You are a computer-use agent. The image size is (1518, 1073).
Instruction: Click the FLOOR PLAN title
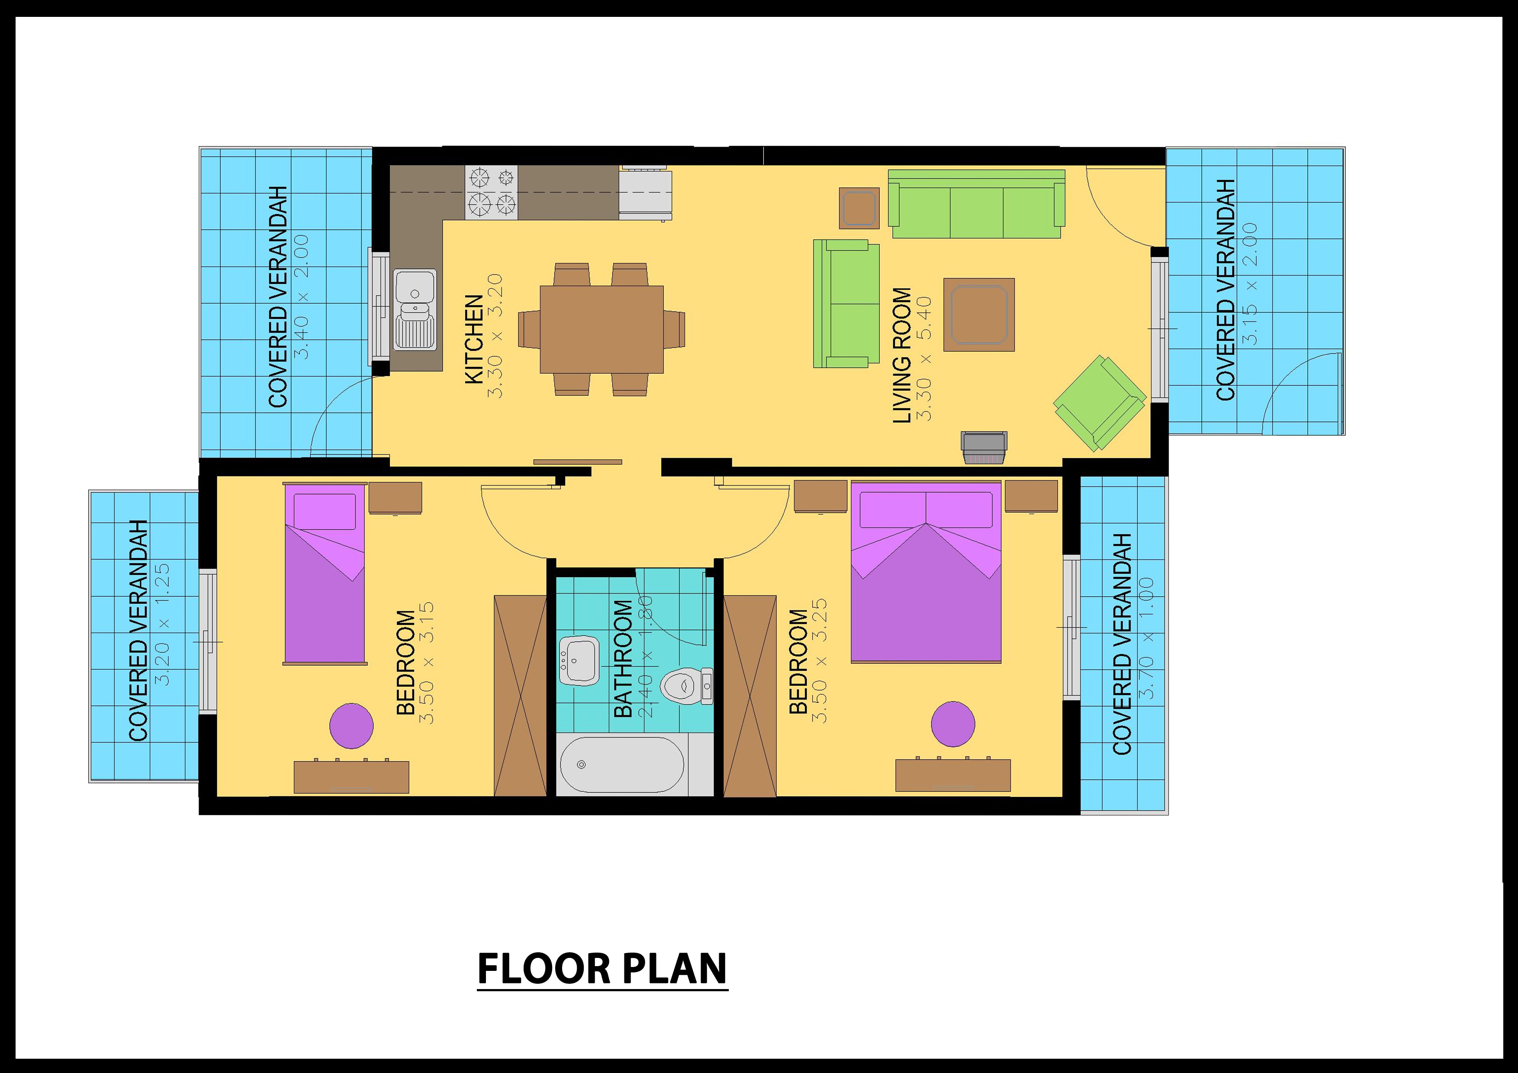tap(601, 969)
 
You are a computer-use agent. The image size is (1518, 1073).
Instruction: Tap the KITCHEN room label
tap(474, 339)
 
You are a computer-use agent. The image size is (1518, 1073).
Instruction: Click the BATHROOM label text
tap(623, 659)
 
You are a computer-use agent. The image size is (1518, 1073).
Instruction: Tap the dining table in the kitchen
tap(601, 329)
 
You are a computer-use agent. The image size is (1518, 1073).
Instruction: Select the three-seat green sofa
tap(976, 204)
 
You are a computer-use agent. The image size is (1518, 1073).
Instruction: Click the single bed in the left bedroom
tap(325, 574)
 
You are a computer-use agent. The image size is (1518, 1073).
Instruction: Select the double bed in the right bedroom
tap(926, 572)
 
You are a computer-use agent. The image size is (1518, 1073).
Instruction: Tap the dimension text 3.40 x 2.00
tap(301, 296)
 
